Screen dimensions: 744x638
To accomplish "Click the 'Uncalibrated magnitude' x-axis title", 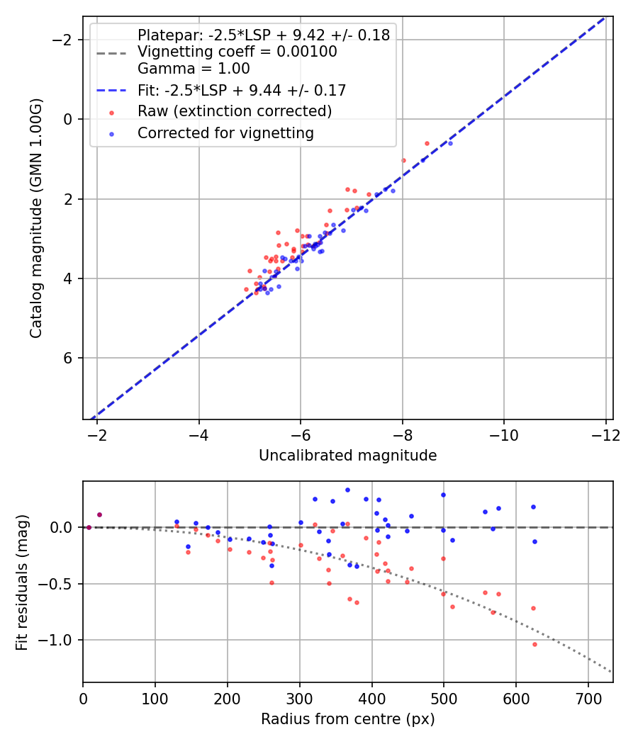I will point(347,456).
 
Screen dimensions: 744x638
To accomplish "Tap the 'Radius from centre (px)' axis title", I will point(347,719).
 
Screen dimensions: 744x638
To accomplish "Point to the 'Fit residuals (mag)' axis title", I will point(21,581).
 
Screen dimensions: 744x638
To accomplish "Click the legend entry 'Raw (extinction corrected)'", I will point(234,111).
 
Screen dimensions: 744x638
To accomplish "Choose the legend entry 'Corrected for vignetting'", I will point(225,133).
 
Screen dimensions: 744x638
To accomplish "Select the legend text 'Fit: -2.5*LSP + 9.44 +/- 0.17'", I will point(241,90).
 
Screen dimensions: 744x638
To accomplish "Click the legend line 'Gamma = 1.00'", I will point(194,69).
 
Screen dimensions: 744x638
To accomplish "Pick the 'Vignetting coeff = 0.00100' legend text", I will point(237,52).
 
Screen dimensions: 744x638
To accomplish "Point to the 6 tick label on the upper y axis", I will point(69,358).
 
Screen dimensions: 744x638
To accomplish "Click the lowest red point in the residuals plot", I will point(535,644).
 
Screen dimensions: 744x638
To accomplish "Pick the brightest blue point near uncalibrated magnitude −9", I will point(450,143).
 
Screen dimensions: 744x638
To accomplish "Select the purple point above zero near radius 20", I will point(99,514).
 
